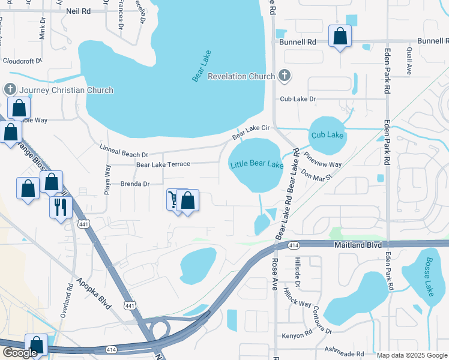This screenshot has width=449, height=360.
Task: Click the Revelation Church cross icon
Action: [x=285, y=76]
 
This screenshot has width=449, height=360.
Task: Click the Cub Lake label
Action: [x=327, y=135]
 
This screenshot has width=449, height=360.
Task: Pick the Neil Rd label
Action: [x=78, y=11]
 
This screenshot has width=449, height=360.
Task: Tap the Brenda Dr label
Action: [x=134, y=184]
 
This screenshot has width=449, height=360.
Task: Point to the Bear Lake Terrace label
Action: [x=163, y=164]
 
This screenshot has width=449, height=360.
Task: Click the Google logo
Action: [x=19, y=353]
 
